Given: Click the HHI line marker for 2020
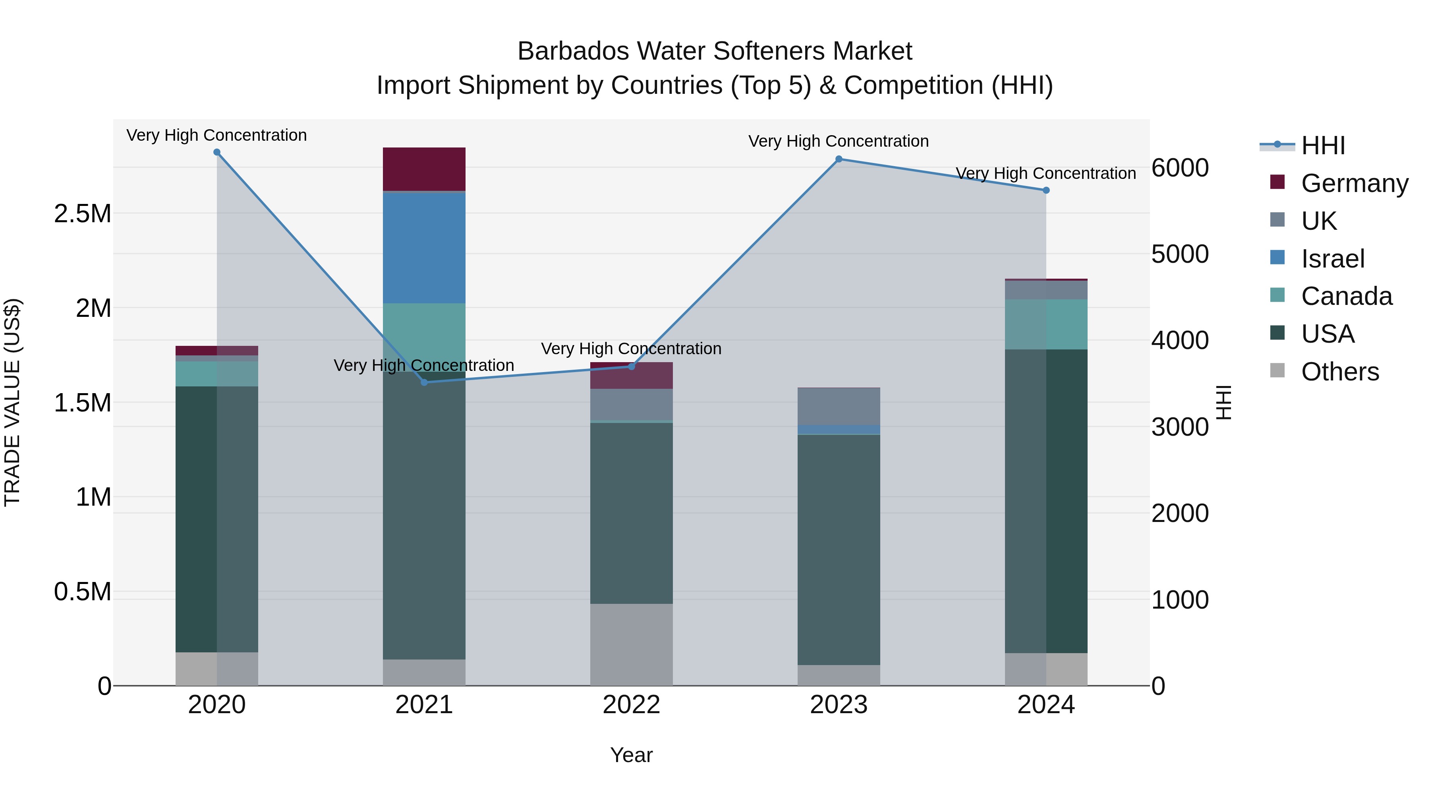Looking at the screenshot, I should [217, 152].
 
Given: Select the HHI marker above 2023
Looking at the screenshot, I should [839, 159].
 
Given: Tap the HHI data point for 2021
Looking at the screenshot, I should [424, 382].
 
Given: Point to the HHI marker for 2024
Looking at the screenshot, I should [1046, 190].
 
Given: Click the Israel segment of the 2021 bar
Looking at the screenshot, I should [424, 247].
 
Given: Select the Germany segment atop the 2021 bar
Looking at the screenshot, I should [424, 169].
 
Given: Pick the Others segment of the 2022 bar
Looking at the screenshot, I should [631, 644].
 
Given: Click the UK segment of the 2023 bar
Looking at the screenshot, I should [839, 406].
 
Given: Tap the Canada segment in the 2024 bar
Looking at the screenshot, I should [1046, 324].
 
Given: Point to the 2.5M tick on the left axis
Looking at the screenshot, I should [83, 214].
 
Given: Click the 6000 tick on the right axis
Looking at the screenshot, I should [1180, 168].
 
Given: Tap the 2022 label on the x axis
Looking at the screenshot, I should [631, 705].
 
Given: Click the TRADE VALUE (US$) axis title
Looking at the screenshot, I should [12, 402].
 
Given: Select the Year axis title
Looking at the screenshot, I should [631, 755].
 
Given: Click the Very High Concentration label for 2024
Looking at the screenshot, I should [1046, 173].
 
